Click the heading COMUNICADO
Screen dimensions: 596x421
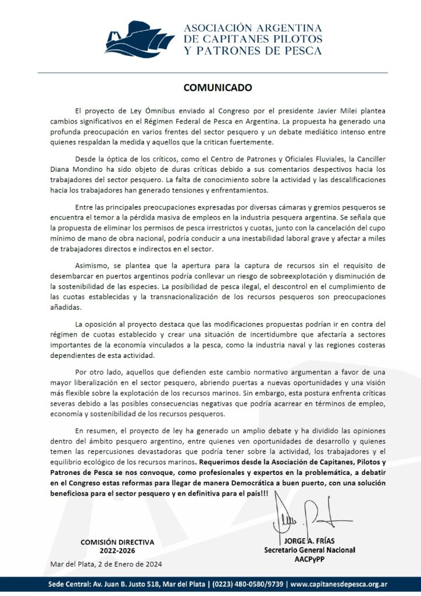pyautogui.click(x=210, y=88)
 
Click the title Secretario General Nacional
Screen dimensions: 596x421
pyautogui.click(x=310, y=550)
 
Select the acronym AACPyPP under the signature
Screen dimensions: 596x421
pyautogui.click(x=309, y=559)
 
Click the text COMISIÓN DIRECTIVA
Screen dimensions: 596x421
pyautogui.click(x=117, y=542)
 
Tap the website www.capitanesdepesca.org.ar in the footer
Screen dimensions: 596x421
pyautogui.click(x=347, y=584)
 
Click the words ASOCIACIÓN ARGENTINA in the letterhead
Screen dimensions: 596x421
pyautogui.click(x=254, y=28)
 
